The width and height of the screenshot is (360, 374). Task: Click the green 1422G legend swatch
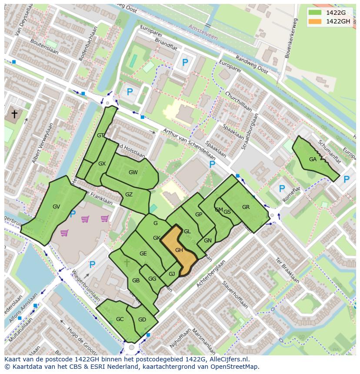coord(315,13)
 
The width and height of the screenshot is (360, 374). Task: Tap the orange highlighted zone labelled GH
coord(179,250)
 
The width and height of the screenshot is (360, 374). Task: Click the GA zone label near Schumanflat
coord(313,159)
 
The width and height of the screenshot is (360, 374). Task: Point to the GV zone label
coord(56,207)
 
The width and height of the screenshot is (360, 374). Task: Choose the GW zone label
coord(133,172)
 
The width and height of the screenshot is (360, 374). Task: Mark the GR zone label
coord(246,207)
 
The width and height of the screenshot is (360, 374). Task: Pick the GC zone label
coord(120,319)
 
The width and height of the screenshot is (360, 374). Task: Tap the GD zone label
coord(142,320)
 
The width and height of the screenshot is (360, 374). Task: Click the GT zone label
coord(100,136)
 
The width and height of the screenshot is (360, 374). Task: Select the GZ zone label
coord(129,195)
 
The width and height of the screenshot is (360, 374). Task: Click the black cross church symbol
coord(14,114)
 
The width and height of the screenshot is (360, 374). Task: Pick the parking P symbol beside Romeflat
coord(282,189)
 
